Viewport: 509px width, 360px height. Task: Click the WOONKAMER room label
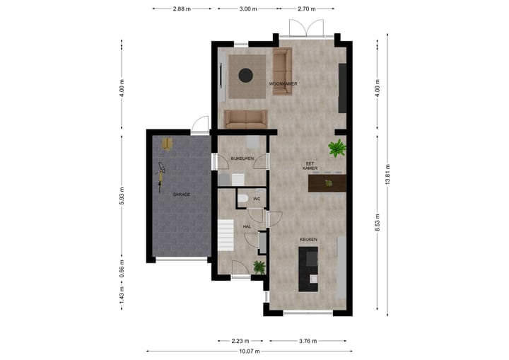click(x=282, y=84)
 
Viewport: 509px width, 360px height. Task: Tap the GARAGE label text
click(x=180, y=194)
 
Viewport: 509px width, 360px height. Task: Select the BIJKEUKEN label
click(x=242, y=158)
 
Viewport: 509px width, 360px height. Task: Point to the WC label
click(x=257, y=199)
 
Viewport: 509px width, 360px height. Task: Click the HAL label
click(x=247, y=226)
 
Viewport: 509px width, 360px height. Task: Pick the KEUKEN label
click(x=308, y=240)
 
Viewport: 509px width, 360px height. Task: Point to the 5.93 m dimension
click(x=122, y=194)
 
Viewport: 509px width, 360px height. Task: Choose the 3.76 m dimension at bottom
click(x=308, y=340)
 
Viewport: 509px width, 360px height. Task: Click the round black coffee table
click(x=246, y=74)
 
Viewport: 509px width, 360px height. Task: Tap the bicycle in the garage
click(x=162, y=172)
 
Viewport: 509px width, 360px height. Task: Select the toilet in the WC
click(x=242, y=199)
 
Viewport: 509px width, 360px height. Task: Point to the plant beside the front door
click(x=259, y=267)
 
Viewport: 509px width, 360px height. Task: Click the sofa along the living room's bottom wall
click(x=245, y=118)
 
